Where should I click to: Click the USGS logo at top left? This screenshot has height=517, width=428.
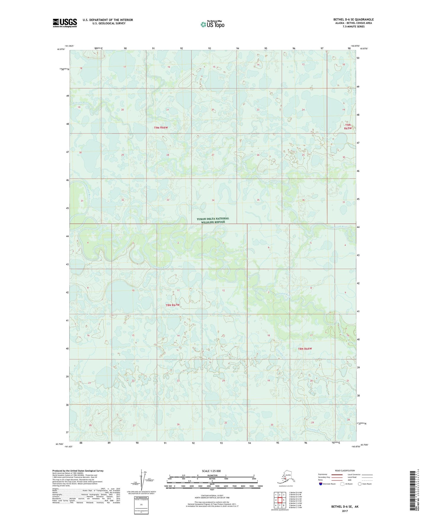[65, 23]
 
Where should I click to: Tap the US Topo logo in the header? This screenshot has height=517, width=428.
[212, 24]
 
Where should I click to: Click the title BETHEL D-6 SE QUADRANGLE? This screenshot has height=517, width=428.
[353, 20]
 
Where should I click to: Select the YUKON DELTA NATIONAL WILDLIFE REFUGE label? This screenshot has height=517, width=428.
[213, 220]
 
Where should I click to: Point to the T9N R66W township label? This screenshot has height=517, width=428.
[161, 128]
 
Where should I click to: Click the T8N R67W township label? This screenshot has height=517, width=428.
[172, 305]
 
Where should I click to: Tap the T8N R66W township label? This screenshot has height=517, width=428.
[305, 349]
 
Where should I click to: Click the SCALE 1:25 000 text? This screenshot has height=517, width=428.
[211, 471]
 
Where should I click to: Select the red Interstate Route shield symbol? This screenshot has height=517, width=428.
[320, 484]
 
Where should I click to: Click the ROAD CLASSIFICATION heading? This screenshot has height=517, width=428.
[345, 471]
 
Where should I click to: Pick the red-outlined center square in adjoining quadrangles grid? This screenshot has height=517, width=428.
[280, 500]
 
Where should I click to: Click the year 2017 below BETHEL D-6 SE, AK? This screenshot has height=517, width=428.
[344, 511]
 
